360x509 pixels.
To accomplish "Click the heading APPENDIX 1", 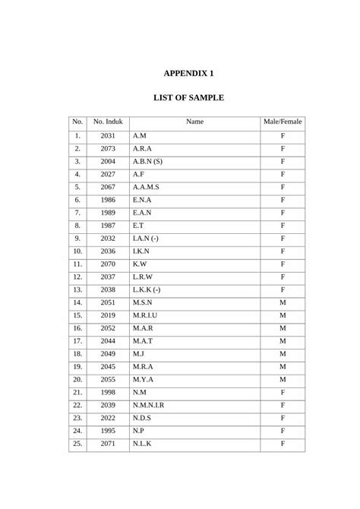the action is (x=189, y=74).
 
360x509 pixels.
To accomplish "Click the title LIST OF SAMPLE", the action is (x=189, y=98).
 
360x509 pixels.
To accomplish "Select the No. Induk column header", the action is (x=108, y=122).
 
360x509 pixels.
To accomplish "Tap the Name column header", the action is (x=194, y=122).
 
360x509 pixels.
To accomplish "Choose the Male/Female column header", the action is (x=283, y=122).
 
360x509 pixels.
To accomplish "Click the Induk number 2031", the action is (x=108, y=135).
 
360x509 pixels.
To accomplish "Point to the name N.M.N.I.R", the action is (x=148, y=405).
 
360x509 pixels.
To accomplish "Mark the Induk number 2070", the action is (x=108, y=264).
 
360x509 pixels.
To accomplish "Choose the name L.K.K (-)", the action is (x=147, y=289).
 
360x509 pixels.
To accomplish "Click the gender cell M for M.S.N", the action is (x=283, y=302).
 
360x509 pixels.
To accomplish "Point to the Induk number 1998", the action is (x=108, y=392).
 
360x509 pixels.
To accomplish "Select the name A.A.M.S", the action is (x=146, y=187).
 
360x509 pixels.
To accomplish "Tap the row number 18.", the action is (x=77, y=353).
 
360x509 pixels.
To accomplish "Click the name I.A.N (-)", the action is (x=146, y=238).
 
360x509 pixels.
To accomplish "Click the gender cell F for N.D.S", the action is (x=283, y=417).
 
